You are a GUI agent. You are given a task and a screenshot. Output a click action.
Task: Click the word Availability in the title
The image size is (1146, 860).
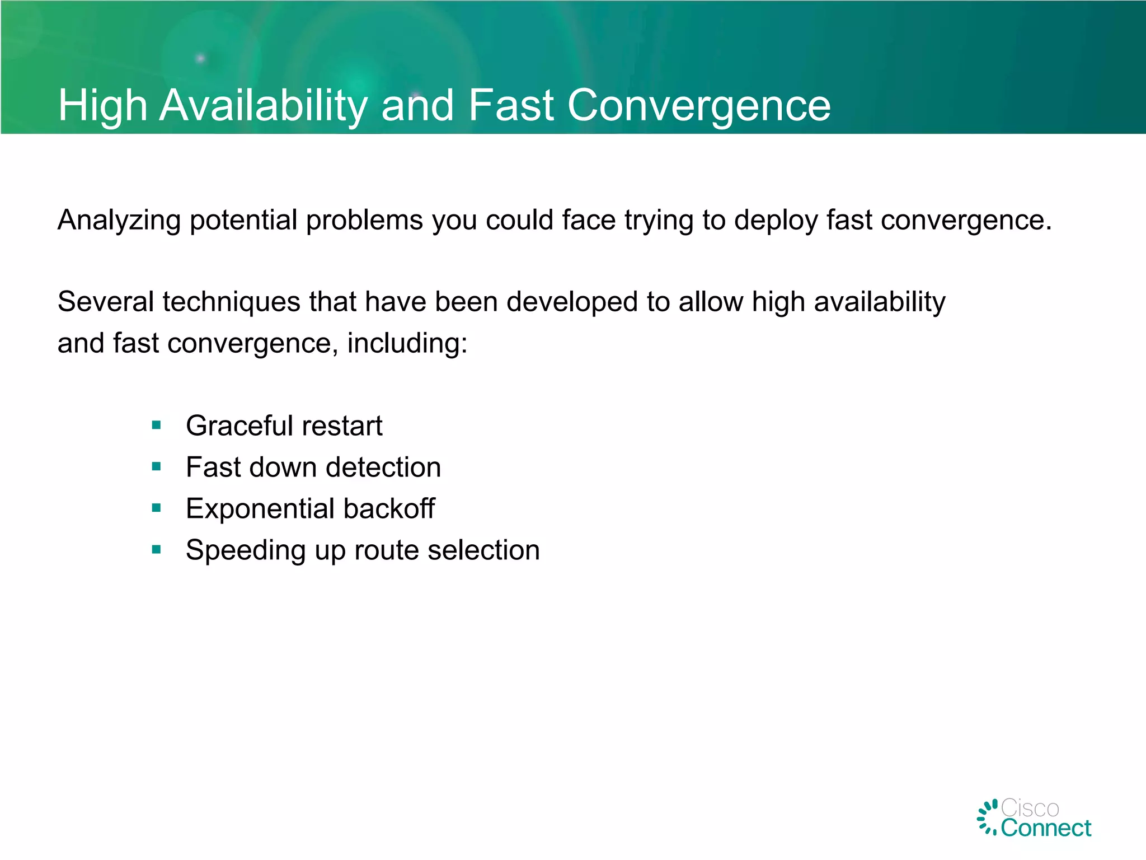pos(263,105)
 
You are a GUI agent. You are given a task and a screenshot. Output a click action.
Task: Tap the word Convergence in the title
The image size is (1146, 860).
pos(699,105)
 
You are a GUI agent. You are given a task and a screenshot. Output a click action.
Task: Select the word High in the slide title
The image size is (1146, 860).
pos(103,105)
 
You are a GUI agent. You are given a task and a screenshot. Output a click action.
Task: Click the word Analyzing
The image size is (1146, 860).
pos(119,220)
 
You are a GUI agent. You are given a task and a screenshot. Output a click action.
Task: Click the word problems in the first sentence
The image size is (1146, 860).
pos(364,220)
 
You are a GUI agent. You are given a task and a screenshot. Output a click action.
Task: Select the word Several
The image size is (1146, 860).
pos(106,302)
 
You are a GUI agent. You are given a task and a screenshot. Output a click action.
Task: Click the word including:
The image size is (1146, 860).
pos(407,343)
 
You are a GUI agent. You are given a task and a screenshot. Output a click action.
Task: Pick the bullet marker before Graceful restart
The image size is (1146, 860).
pos(156,426)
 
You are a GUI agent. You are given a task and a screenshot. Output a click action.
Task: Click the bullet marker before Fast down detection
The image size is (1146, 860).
pos(156,466)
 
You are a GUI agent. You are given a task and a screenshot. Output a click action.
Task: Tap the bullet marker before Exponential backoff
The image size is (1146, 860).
pos(156,508)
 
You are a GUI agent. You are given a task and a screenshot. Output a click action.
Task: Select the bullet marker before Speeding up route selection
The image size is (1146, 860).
pos(156,550)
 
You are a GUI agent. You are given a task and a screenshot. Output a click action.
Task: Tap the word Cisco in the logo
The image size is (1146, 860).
pos(1030,808)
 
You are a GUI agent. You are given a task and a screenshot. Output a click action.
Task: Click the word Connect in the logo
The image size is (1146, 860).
pos(1045,828)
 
